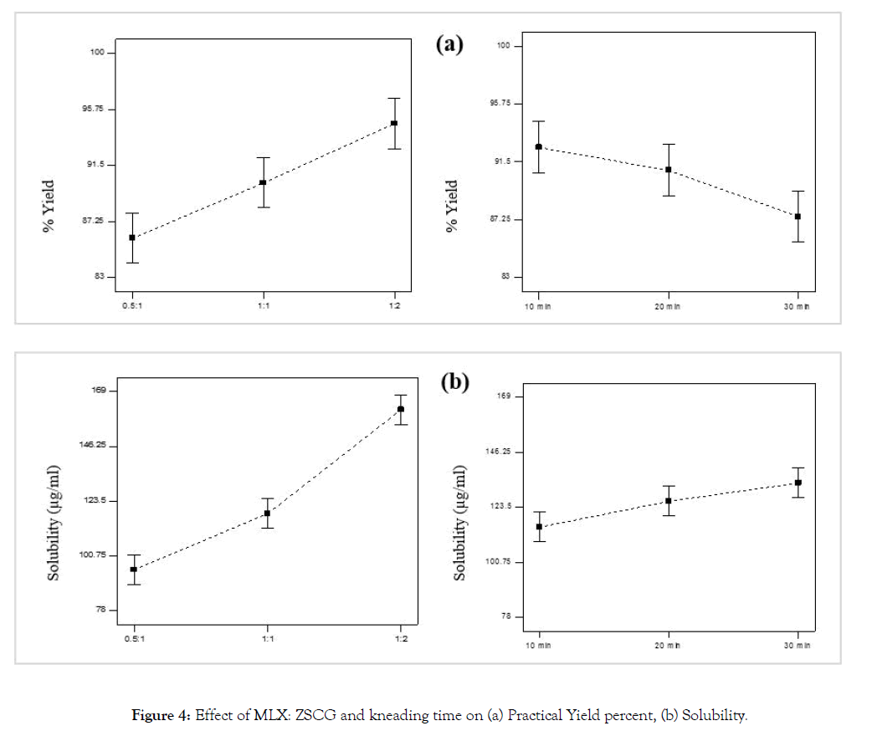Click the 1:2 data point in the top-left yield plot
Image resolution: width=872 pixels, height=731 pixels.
[x=394, y=123]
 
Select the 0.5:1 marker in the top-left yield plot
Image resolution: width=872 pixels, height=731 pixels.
[x=132, y=238]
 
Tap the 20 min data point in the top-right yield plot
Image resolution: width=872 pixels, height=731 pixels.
[x=668, y=170]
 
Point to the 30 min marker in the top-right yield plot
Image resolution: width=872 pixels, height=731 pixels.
[x=798, y=217]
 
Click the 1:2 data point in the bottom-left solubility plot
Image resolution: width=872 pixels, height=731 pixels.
[x=401, y=409]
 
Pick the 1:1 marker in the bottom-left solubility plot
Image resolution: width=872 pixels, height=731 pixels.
[x=267, y=514]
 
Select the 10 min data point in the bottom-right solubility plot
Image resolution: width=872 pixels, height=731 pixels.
[x=539, y=526]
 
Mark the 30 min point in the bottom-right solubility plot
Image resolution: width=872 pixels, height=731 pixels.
[x=798, y=483]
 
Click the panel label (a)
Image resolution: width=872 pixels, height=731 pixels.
[x=449, y=44]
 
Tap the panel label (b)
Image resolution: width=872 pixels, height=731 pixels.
[x=455, y=382]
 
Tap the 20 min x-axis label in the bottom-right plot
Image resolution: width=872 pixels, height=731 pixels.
[x=668, y=646]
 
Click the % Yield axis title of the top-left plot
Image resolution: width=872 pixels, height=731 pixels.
[x=49, y=206]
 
